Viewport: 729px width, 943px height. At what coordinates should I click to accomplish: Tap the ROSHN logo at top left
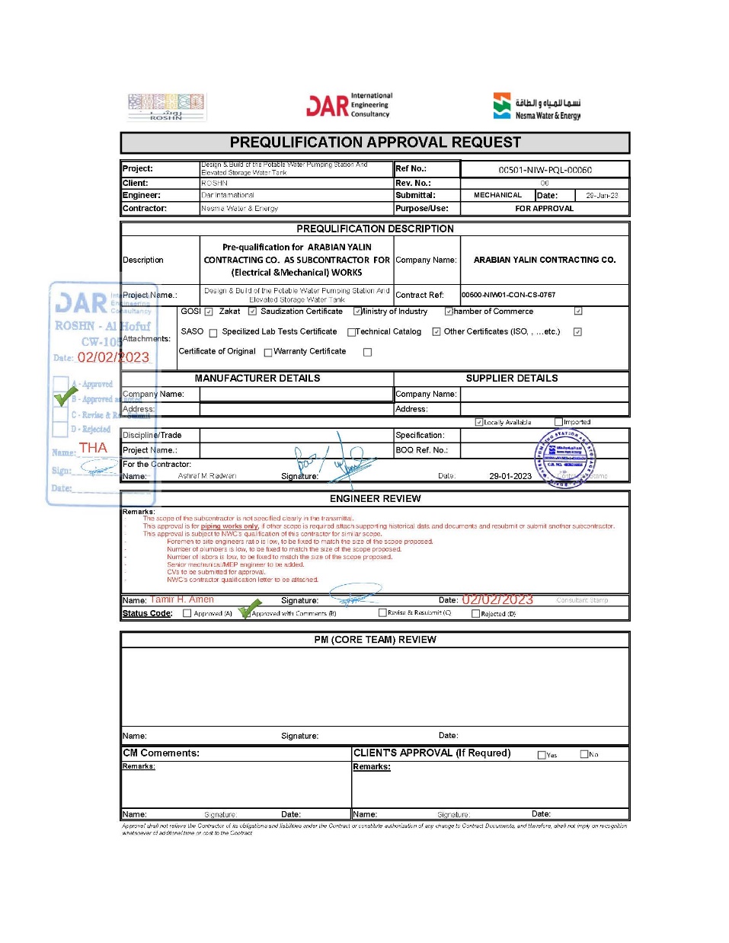166,107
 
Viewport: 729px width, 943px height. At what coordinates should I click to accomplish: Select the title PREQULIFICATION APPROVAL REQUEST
375,142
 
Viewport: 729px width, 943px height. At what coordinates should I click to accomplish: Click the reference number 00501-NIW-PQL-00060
545,170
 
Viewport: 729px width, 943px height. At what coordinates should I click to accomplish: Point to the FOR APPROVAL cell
544,208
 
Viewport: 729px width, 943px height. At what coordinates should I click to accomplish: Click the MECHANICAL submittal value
497,195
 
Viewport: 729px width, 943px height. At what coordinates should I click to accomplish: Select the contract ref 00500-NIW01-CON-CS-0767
508,295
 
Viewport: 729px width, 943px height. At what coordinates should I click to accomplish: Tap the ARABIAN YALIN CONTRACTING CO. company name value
544,260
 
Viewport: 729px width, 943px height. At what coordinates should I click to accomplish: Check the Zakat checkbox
252,312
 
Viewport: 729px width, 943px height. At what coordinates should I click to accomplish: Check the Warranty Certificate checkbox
367,352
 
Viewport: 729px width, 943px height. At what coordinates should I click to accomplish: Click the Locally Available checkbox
479,422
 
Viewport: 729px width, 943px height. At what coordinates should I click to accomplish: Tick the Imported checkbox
558,422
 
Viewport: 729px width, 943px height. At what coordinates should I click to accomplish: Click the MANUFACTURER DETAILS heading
257,378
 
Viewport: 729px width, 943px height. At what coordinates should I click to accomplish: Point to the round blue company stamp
564,458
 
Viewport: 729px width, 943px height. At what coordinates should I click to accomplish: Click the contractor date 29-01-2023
510,476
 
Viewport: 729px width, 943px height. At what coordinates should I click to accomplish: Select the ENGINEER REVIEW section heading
375,498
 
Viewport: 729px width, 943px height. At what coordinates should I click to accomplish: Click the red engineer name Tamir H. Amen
182,599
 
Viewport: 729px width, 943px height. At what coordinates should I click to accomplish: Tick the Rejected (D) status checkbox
475,613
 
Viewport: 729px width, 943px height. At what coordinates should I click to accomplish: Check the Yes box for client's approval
542,755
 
